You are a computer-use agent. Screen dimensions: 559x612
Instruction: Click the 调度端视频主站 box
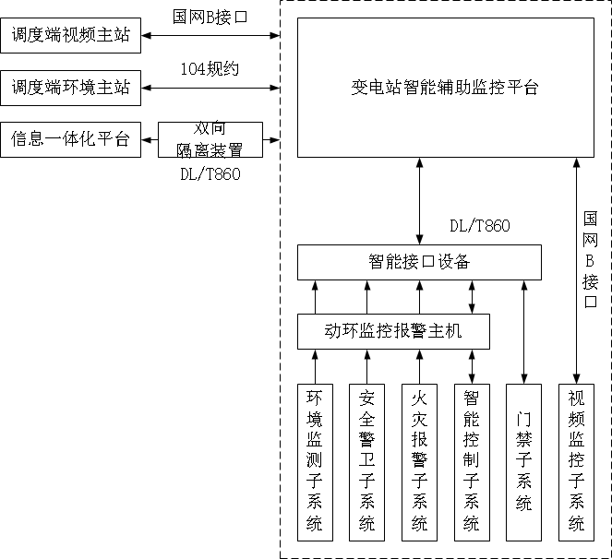click(x=71, y=36)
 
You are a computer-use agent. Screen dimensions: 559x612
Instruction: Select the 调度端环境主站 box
click(x=71, y=89)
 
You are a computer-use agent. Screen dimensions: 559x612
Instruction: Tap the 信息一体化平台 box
click(x=71, y=139)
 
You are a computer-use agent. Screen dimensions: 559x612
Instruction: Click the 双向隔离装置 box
click(x=210, y=139)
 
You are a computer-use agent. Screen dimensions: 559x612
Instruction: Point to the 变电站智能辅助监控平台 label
click(x=445, y=89)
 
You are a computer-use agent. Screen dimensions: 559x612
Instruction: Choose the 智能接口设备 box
click(x=418, y=262)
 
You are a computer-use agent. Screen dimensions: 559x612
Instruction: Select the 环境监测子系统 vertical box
click(x=315, y=460)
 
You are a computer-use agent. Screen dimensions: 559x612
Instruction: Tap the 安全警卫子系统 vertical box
click(x=366, y=460)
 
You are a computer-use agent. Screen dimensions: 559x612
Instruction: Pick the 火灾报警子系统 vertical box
click(x=419, y=460)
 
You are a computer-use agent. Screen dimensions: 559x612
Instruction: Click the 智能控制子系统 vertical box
click(x=472, y=460)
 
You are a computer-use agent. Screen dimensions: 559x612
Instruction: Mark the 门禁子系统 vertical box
click(x=524, y=460)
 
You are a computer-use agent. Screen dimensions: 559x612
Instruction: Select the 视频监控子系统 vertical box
click(x=577, y=460)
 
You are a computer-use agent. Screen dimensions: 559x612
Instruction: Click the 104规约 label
click(x=210, y=69)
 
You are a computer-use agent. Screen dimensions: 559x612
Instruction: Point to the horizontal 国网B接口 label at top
click(x=210, y=17)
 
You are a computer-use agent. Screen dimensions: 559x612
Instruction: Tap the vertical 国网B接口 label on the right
click(x=591, y=259)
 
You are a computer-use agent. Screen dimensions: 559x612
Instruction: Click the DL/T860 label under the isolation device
click(x=210, y=174)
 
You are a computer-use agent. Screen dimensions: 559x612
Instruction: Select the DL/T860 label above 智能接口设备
click(x=479, y=226)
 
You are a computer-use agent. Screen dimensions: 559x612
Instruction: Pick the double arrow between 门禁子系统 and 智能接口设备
click(x=524, y=330)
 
